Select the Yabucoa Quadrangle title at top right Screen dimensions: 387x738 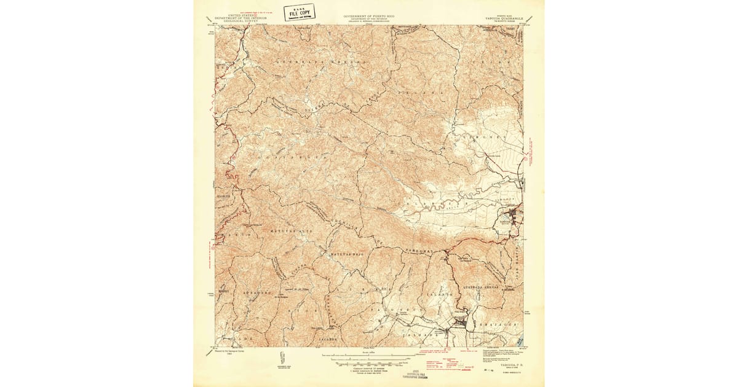tap(502, 18)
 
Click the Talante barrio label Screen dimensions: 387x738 tap(444, 295)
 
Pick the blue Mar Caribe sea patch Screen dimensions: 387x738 tap(520, 340)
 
